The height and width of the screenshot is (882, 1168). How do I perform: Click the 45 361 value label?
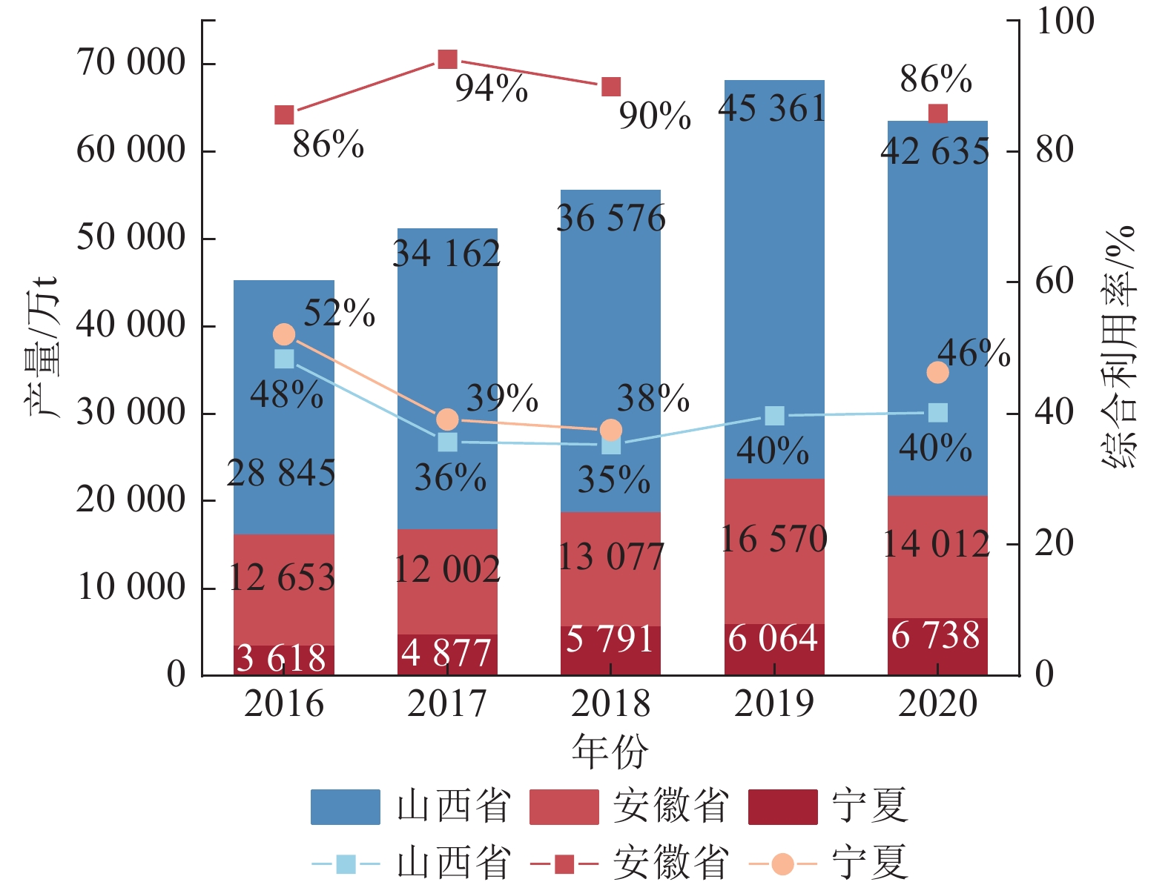772,109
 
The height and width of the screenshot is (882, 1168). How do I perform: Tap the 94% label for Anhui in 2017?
491,89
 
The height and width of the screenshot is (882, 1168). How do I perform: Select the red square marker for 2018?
611,87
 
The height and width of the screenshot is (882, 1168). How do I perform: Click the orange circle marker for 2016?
284,334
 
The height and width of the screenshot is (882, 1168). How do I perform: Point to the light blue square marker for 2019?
774,416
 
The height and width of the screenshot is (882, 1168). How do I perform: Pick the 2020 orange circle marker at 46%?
937,372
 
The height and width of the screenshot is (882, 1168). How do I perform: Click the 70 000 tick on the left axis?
131,62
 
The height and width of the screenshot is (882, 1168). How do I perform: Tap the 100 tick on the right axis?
1064,21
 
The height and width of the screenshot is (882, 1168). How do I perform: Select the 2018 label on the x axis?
610,703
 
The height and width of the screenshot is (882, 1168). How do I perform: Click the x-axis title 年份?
610,752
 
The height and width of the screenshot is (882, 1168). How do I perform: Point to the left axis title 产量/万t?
42,347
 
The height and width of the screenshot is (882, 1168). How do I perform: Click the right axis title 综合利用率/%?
1119,347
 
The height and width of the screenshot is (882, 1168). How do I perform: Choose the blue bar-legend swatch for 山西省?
345,806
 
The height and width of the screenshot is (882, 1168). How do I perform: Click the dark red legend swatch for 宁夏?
782,806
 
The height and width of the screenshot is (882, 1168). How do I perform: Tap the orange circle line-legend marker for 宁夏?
782,863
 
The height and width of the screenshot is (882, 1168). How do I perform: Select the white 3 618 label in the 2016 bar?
281,658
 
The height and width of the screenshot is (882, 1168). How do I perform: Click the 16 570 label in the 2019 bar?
773,539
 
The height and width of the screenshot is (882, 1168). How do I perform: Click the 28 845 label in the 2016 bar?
281,473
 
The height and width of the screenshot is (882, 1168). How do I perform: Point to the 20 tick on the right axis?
1054,544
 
